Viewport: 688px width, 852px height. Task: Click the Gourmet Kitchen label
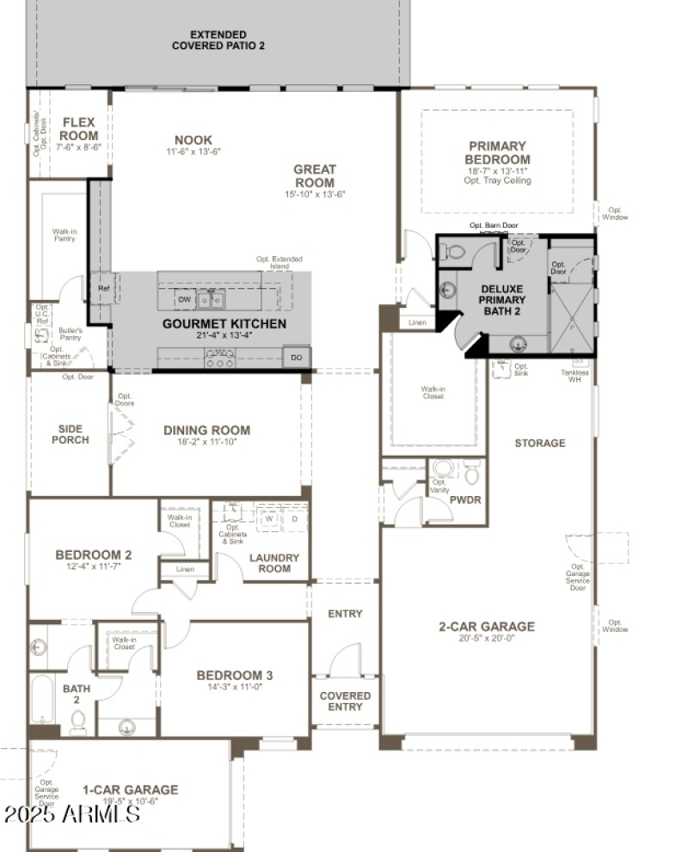click(x=224, y=323)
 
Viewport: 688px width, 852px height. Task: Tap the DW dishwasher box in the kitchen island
click(x=185, y=299)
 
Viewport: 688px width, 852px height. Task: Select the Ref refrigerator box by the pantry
click(x=103, y=289)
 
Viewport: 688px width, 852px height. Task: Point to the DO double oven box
click(x=297, y=357)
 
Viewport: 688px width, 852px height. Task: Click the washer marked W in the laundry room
click(x=269, y=519)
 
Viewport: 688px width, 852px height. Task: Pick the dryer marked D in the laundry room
click(x=294, y=519)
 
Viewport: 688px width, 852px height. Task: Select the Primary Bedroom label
click(x=497, y=153)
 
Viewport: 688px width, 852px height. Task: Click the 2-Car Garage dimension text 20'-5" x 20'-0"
click(x=487, y=641)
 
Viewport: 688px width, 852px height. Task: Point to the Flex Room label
click(x=79, y=129)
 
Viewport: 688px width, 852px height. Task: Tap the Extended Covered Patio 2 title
click(x=218, y=40)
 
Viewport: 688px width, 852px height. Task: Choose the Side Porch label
click(x=71, y=434)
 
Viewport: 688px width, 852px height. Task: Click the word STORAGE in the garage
click(x=540, y=443)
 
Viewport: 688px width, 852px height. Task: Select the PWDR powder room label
click(x=465, y=500)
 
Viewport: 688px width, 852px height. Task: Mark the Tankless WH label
click(x=575, y=376)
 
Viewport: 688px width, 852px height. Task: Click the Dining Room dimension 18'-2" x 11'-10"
click(x=206, y=443)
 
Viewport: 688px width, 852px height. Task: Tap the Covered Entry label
click(x=345, y=702)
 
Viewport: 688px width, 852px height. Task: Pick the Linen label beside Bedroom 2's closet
click(x=185, y=569)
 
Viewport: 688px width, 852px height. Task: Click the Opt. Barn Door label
click(x=494, y=225)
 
